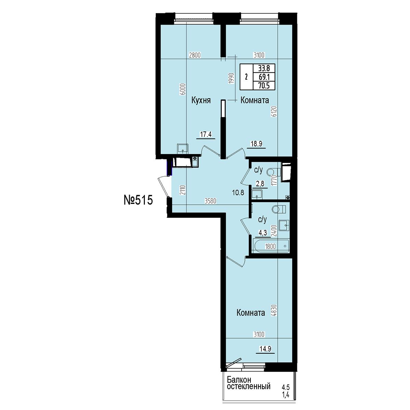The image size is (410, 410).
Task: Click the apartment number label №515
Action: click(138, 200)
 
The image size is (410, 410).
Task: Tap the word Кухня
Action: click(201, 100)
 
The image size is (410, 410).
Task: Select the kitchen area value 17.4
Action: click(206, 134)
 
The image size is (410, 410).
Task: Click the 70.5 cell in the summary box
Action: click(264, 85)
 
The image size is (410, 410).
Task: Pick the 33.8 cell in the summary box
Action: click(264, 68)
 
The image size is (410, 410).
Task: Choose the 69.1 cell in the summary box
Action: click(264, 77)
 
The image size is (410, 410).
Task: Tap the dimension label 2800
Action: click(195, 55)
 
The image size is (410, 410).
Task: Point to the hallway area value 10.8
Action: click(238, 193)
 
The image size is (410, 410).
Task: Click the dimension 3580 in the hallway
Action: click(210, 201)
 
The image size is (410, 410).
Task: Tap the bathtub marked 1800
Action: click(270, 246)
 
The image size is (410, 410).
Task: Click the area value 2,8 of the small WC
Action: click(260, 184)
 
